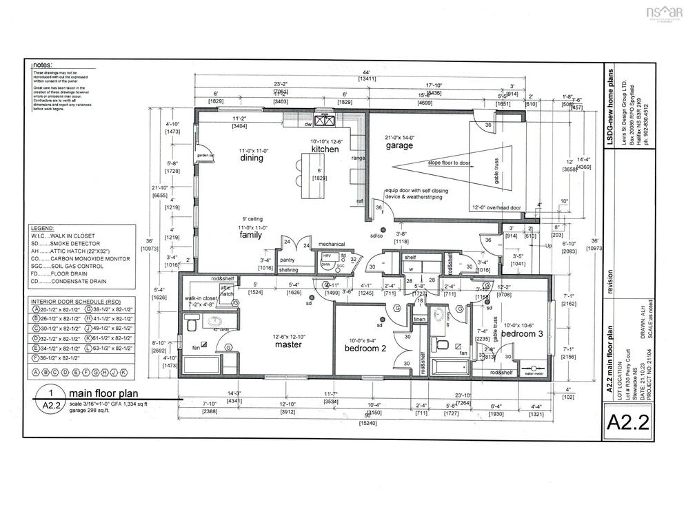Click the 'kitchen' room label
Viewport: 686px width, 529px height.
click(x=324, y=149)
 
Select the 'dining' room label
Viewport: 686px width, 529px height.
click(x=252, y=158)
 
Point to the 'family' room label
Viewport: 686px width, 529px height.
click(x=251, y=235)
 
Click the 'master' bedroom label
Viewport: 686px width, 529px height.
click(x=288, y=344)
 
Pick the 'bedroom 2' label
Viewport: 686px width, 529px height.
click(x=365, y=349)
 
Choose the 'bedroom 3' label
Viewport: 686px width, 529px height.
click(x=522, y=333)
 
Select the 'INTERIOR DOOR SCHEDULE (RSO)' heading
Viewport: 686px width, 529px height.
click(x=74, y=302)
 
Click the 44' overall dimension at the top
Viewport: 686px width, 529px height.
click(x=366, y=72)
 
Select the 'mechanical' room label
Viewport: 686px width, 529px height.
click(x=330, y=244)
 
